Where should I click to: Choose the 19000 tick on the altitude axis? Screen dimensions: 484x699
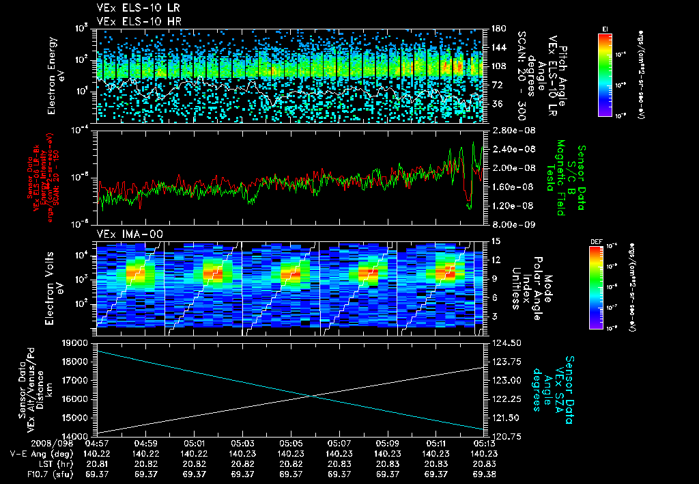click(x=76, y=342)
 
